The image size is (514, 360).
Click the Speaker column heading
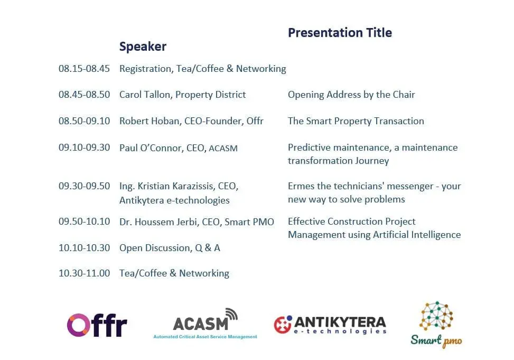pyautogui.click(x=143, y=47)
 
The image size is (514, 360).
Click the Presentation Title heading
pyautogui.click(x=340, y=33)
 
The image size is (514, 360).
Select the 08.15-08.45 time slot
pyautogui.click(x=84, y=69)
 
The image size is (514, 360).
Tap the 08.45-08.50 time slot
pyautogui.click(x=84, y=95)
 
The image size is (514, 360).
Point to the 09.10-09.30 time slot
pyautogui.click(x=84, y=147)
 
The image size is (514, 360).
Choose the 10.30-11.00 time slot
pyautogui.click(x=84, y=273)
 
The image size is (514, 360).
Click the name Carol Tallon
pyautogui.click(x=145, y=95)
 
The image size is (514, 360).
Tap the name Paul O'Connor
pyautogui.click(x=150, y=148)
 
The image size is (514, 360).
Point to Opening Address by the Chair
pyautogui.click(x=351, y=95)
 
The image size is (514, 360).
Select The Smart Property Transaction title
pyautogui.click(x=356, y=121)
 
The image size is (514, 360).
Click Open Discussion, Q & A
pyautogui.click(x=170, y=248)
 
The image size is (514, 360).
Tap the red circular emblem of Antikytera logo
pyautogui.click(x=283, y=325)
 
